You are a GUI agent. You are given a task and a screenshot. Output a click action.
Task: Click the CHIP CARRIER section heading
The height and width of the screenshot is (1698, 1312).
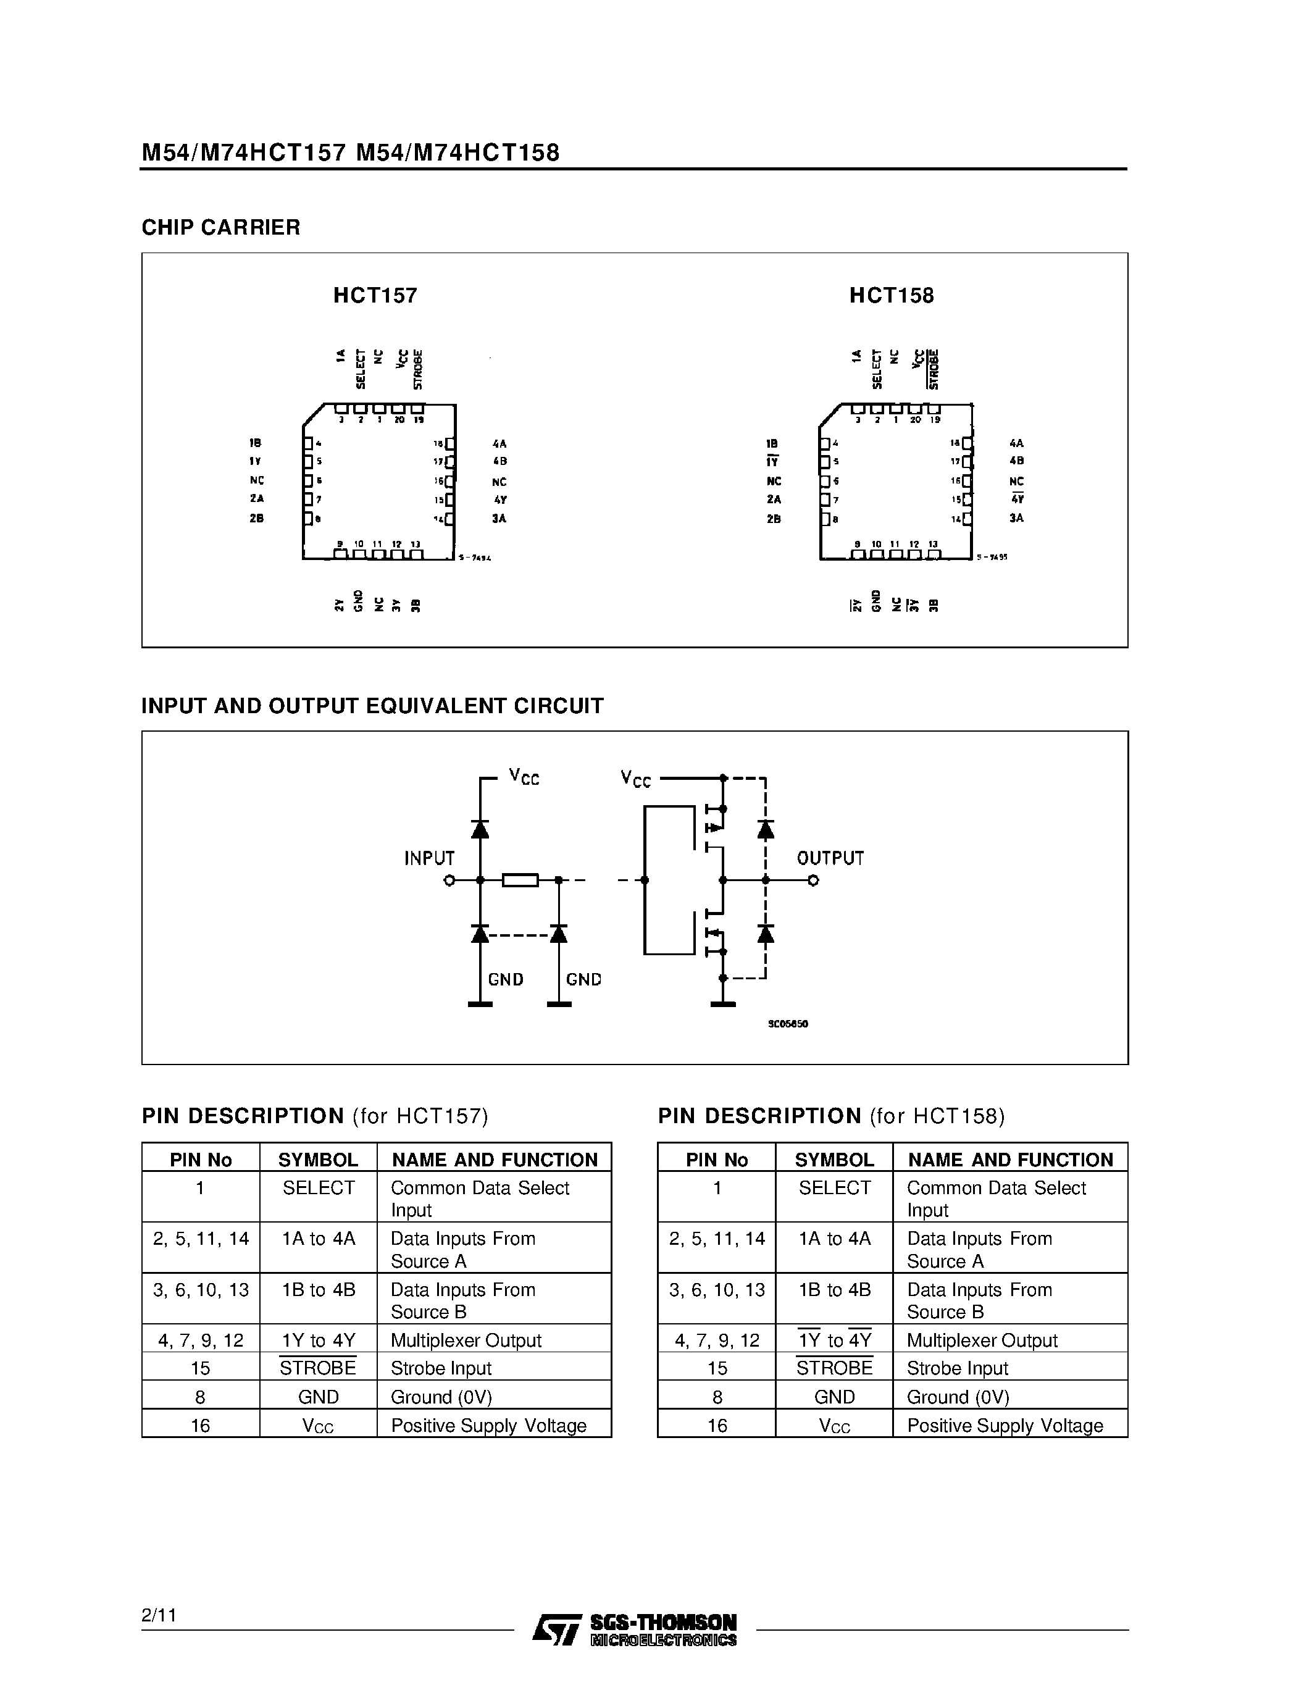pyautogui.click(x=221, y=227)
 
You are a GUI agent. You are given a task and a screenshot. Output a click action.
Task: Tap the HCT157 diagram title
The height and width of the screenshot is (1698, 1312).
pyautogui.click(x=375, y=295)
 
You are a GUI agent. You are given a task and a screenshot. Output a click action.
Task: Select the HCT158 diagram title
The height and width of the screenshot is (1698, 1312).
pyautogui.click(x=891, y=295)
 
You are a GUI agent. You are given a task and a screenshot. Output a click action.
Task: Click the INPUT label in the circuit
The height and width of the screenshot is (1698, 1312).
pyautogui.click(x=429, y=858)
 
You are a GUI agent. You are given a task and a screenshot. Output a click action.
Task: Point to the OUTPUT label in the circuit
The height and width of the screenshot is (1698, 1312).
pyautogui.click(x=830, y=858)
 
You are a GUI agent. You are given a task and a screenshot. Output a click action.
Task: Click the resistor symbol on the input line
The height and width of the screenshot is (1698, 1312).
pyautogui.click(x=520, y=880)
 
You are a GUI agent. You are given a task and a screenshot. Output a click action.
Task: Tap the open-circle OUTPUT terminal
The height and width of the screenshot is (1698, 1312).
pyautogui.click(x=813, y=880)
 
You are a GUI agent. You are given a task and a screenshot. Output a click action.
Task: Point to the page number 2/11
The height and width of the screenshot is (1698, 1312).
pyautogui.click(x=159, y=1615)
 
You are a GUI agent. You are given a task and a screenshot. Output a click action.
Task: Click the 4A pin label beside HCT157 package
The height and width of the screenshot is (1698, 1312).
pyautogui.click(x=499, y=444)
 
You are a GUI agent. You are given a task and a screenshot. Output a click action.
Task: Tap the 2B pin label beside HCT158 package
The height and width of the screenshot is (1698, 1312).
pyautogui.click(x=774, y=519)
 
